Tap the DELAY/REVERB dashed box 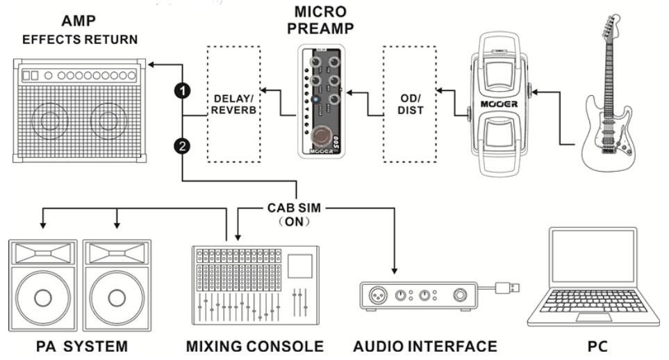coord(234,104)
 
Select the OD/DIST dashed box coord(410,104)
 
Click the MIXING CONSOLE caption coord(254,345)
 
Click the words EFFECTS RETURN coord(79,40)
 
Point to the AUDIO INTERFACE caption coord(425,345)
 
